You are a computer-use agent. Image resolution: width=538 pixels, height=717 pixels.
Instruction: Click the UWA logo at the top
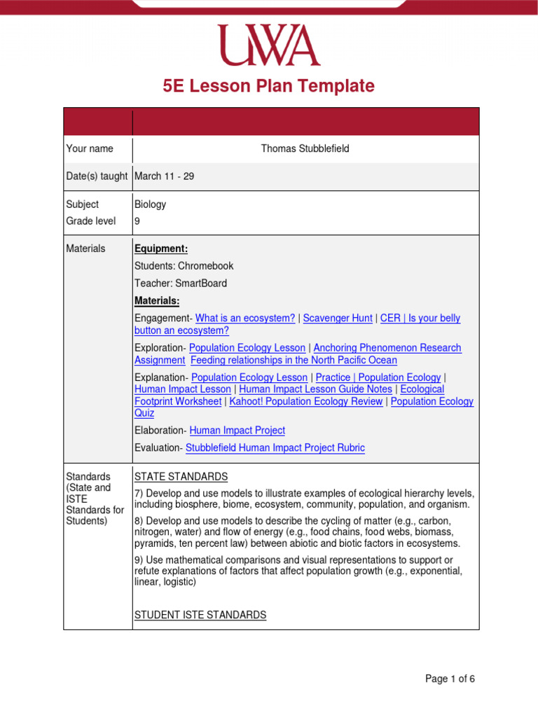pyautogui.click(x=268, y=46)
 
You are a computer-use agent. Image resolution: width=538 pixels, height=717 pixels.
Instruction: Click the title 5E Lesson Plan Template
pyautogui.click(x=268, y=86)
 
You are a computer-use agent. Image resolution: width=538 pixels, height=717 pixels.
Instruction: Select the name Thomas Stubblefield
pyautogui.click(x=305, y=148)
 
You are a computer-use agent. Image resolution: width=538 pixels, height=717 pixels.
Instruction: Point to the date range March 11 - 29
pyautogui.click(x=164, y=176)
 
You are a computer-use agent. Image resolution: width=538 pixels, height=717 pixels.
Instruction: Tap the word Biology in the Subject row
pyautogui.click(x=150, y=204)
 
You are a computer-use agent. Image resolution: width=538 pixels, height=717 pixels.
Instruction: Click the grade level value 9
pyautogui.click(x=137, y=221)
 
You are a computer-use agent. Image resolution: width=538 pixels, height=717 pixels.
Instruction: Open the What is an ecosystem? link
pyautogui.click(x=245, y=318)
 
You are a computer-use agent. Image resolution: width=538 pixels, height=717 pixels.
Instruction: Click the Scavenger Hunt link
pyautogui.click(x=338, y=318)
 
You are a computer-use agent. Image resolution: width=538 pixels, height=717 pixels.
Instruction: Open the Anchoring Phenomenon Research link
pyautogui.click(x=387, y=348)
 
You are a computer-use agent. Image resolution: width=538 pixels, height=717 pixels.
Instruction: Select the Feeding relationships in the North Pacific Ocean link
pyautogui.click(x=294, y=361)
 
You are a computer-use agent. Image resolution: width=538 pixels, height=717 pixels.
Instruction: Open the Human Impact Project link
pyautogui.click(x=237, y=431)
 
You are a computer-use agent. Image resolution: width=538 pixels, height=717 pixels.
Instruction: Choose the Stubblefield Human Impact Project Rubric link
pyautogui.click(x=275, y=448)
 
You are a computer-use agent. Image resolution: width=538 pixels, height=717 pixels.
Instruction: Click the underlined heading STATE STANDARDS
pyautogui.click(x=181, y=477)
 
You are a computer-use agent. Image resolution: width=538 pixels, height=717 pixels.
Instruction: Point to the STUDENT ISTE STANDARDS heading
pyautogui.click(x=200, y=615)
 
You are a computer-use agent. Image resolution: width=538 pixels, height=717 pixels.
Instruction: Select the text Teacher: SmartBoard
pyautogui.click(x=181, y=284)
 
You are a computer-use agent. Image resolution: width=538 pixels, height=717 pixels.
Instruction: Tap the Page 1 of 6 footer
pyautogui.click(x=450, y=678)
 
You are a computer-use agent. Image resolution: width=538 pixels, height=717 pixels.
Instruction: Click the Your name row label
pyautogui.click(x=90, y=148)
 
